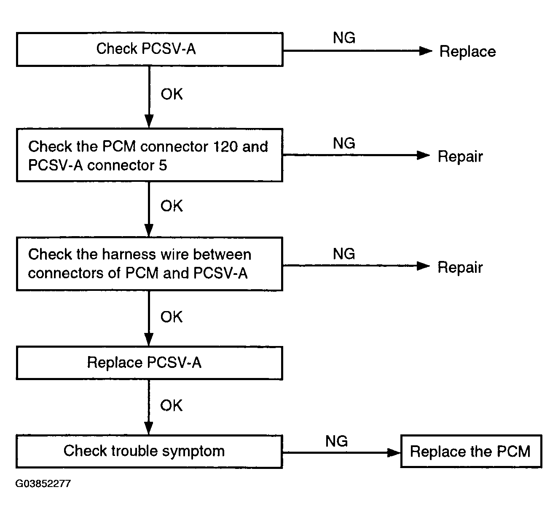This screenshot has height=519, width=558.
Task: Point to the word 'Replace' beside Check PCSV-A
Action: tap(467, 52)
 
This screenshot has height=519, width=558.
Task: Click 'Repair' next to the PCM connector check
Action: tap(460, 156)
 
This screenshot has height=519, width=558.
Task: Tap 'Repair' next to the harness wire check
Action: tap(460, 267)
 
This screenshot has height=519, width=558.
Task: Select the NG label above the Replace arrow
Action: tap(344, 37)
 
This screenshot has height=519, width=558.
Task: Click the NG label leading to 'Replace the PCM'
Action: tap(336, 441)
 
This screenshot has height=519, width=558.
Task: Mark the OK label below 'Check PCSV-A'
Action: tap(172, 94)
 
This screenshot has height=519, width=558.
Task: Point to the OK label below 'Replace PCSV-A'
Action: tap(171, 406)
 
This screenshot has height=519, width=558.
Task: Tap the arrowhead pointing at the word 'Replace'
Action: tap(426, 51)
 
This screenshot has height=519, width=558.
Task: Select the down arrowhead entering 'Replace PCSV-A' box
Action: tap(149, 339)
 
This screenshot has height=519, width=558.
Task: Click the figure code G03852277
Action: tap(43, 484)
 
